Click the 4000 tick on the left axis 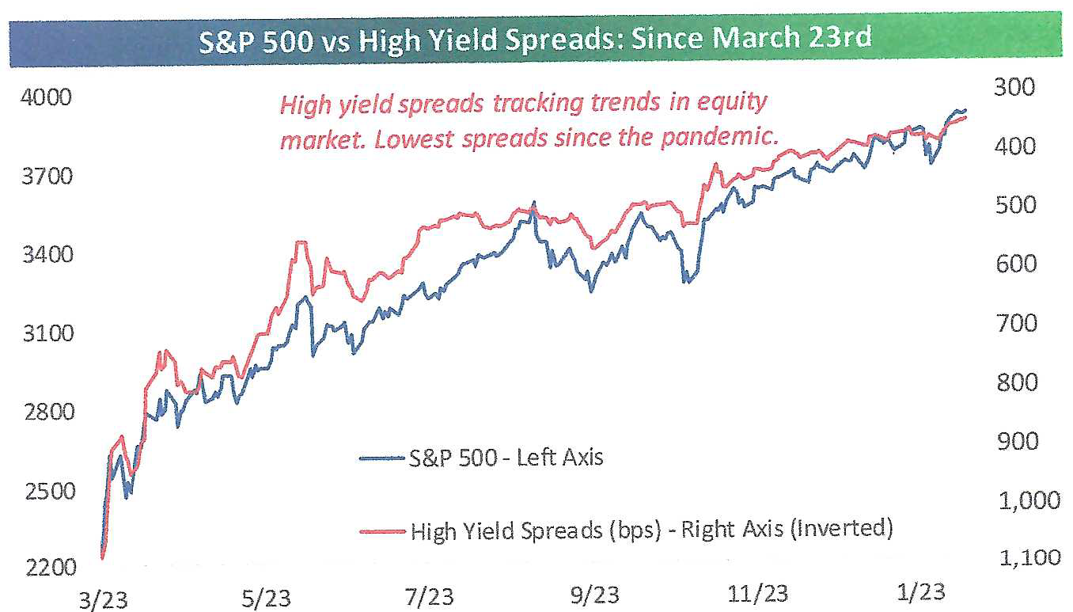(46, 97)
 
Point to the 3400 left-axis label (48, 254)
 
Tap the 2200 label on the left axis (51, 568)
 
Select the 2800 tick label (49, 412)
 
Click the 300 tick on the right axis (1014, 88)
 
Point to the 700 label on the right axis (1017, 324)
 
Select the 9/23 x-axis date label (594, 595)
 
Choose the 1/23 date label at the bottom (920, 593)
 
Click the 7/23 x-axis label (429, 597)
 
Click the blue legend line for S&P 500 (381, 458)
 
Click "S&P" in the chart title (230, 41)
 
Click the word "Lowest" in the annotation (412, 139)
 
